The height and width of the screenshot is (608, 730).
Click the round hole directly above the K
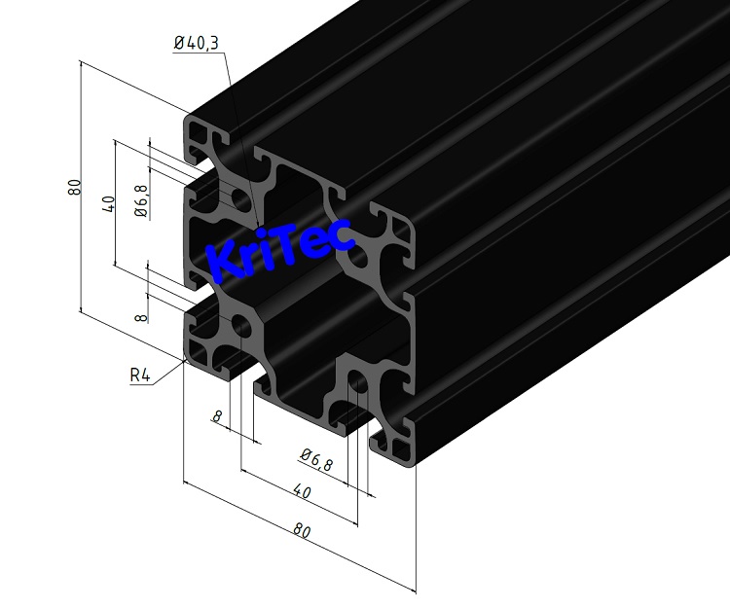239,201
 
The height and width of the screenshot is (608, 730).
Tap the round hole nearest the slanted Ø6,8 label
358,384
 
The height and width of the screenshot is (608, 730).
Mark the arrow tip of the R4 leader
187,359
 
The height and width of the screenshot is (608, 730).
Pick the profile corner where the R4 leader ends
189,356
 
